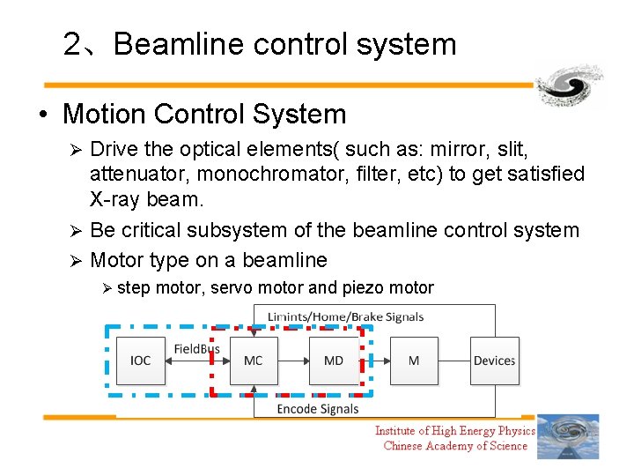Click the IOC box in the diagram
[140, 361]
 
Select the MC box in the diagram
[254, 361]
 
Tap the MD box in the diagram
[334, 361]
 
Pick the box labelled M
[414, 361]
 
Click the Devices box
[494, 361]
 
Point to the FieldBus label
[196, 349]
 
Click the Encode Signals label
[318, 409]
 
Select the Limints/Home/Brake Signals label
[345, 316]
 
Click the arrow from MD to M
[374, 361]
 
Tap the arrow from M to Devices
[454, 361]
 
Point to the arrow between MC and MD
[293, 361]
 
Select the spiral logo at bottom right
[568, 436]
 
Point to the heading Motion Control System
[204, 114]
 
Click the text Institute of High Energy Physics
[454, 430]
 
